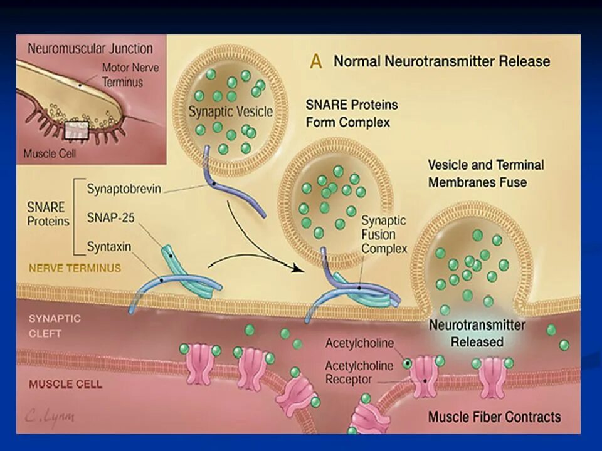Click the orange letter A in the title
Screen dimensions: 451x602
317,61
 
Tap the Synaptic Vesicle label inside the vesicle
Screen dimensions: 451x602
231,112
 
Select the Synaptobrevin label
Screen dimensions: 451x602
124,189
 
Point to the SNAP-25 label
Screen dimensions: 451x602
110,218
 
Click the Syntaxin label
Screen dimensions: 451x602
109,247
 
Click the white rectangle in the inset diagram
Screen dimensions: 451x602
76,130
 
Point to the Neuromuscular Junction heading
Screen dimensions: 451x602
90,49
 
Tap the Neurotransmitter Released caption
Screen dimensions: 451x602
477,333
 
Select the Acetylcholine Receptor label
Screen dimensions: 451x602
359,372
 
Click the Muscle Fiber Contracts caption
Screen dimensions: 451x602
494,417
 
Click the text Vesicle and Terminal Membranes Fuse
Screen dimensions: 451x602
486,174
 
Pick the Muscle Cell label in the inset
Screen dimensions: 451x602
50,153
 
